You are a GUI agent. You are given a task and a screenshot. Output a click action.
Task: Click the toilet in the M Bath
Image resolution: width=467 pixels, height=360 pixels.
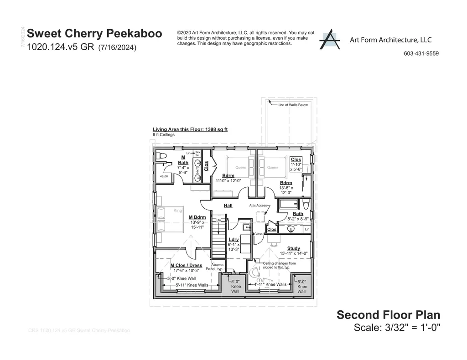pos(160,156)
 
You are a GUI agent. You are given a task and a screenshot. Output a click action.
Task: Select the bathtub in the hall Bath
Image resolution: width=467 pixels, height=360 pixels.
pos(289,203)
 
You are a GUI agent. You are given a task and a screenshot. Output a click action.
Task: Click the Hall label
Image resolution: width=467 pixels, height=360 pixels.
pos(228,206)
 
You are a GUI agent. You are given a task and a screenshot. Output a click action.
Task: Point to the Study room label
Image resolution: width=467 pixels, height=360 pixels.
pos(294,248)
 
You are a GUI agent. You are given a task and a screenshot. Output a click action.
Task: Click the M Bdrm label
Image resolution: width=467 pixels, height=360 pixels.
pos(197,217)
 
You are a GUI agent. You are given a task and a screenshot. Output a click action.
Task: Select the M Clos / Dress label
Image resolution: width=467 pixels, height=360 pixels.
pos(186,265)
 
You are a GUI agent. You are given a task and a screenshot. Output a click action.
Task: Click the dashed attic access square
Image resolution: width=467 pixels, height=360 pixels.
pos(261,217)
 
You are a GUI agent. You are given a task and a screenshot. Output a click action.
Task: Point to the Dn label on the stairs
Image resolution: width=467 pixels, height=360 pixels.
pos(218,221)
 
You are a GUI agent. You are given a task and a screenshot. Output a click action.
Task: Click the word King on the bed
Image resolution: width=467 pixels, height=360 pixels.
pos(178,211)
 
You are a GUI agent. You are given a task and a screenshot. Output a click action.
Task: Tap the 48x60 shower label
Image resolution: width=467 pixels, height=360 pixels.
pos(164,176)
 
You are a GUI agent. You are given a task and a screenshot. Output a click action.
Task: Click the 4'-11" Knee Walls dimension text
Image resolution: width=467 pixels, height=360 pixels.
pos(270,284)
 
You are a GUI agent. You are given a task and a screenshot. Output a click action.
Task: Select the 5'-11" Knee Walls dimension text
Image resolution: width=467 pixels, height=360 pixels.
pos(192,285)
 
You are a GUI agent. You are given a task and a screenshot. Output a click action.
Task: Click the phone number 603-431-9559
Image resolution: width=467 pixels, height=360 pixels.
pos(421,53)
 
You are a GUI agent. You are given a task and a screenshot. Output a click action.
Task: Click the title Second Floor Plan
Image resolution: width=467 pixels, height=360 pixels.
pos(388,314)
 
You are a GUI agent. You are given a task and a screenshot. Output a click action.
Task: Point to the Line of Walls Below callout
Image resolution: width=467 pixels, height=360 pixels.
pos(292,105)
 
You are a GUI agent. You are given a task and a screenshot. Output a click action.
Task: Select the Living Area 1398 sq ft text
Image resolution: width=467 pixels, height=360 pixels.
pos(190,129)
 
